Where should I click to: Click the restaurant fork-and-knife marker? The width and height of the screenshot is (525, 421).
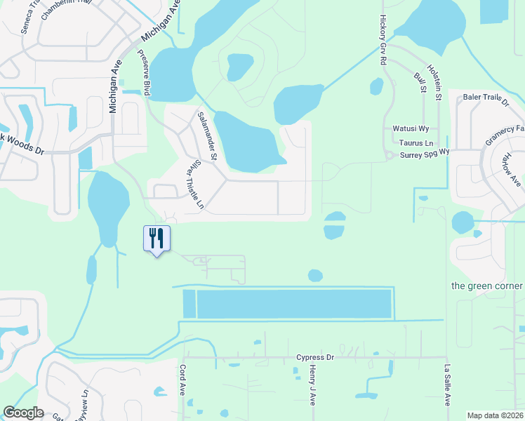coord(157,239)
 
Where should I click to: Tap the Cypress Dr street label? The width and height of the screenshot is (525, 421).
coord(314,357)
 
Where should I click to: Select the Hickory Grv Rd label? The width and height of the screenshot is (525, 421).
coord(383,40)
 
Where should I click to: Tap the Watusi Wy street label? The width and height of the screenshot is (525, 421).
coord(411,129)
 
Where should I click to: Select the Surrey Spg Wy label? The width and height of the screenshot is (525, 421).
coord(425,152)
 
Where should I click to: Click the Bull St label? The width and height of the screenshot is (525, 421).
coord(420,81)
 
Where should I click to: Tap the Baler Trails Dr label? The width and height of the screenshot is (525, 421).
coord(486,100)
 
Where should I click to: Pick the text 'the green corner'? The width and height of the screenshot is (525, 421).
coord(486,286)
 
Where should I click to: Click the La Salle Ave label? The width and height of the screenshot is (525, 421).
coord(446,385)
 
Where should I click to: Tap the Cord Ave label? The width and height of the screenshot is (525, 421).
coord(182,380)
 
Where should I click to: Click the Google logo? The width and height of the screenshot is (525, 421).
coord(23,413)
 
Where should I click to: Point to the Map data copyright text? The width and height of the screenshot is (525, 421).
coord(495,415)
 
